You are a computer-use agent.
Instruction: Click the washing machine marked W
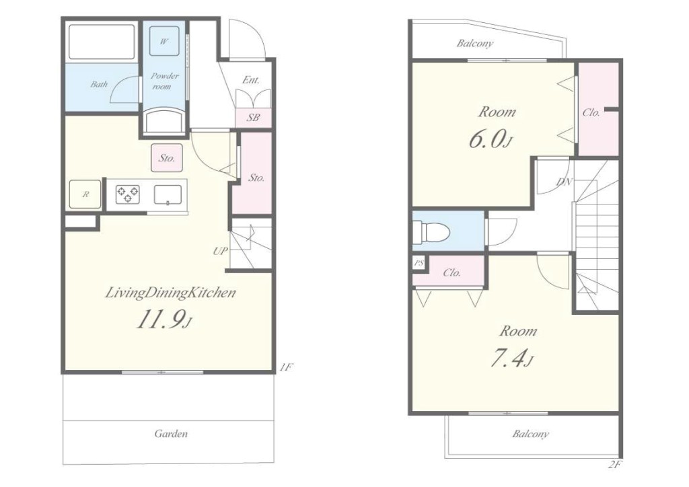click(164, 41)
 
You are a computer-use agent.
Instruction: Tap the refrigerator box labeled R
click(85, 194)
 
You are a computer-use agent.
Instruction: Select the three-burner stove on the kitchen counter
click(128, 194)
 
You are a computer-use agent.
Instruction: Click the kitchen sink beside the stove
click(168, 194)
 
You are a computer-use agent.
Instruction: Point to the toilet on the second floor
click(431, 231)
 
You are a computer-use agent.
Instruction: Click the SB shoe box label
click(253, 118)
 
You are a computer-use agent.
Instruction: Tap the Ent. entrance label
click(251, 80)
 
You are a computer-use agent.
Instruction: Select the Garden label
click(171, 434)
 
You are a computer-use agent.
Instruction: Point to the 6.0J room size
click(491, 140)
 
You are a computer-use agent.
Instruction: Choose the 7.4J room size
click(511, 359)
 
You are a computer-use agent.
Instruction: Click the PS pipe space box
click(419, 264)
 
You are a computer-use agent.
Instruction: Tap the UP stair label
click(221, 251)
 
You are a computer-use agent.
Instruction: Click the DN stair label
click(565, 182)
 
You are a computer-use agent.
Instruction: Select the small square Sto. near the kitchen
click(167, 157)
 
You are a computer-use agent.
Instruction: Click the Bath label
click(99, 84)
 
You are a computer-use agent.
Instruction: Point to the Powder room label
click(164, 81)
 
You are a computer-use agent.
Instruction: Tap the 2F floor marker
click(615, 465)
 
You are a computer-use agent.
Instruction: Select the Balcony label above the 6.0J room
click(475, 43)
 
